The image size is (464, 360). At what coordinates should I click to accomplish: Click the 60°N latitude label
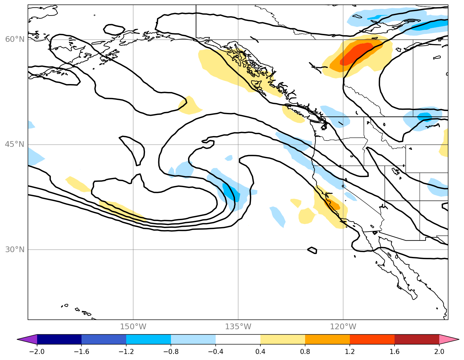tap(15, 39)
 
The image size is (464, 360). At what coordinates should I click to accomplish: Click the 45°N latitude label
tap(15, 144)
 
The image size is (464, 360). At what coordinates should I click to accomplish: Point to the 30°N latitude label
tap(15, 249)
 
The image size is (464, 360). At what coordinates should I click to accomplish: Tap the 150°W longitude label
tap(133, 327)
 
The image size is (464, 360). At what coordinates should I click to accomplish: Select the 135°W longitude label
tap(238, 327)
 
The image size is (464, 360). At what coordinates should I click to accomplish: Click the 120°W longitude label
tap(343, 327)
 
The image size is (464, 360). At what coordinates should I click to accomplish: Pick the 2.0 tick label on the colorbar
tap(439, 351)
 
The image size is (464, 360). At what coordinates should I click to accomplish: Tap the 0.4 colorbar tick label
tap(260, 351)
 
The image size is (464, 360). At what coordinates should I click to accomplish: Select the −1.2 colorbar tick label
tap(126, 351)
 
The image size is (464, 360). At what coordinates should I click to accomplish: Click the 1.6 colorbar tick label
tap(395, 351)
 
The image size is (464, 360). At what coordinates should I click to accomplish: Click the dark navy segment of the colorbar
tap(59, 339)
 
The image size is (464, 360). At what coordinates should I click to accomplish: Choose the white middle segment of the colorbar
tap(238, 339)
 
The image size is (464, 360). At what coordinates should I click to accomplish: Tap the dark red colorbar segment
tap(417, 339)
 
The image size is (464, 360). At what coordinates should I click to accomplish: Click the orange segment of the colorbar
tap(327, 339)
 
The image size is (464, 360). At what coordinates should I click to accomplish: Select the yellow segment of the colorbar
tap(283, 339)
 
